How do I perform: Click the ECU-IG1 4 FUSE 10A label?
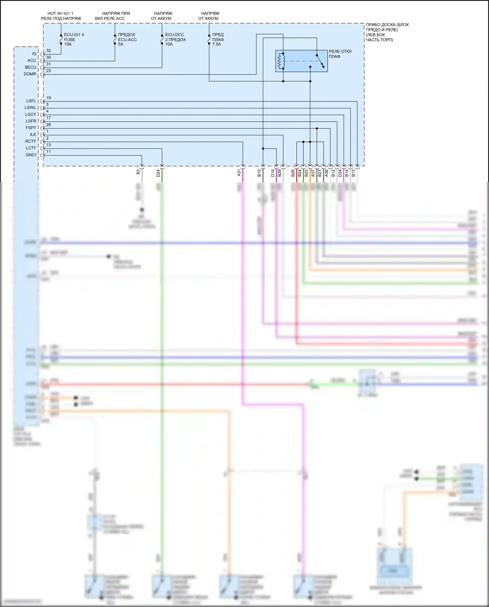74,39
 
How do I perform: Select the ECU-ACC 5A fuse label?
127,39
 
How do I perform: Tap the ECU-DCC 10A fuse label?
175,39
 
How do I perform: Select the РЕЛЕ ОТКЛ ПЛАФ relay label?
340,54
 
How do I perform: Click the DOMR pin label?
30,74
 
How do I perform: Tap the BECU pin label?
31,67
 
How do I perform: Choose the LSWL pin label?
30,108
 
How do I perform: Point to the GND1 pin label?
31,155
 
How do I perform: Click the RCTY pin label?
31,141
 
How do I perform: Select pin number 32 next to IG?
49,51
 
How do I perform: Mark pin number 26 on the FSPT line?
49,125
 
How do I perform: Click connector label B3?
138,172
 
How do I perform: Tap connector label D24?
158,173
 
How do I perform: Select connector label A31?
239,173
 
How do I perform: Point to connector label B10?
259,173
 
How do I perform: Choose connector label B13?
353,173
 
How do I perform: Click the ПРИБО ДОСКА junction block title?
387,32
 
